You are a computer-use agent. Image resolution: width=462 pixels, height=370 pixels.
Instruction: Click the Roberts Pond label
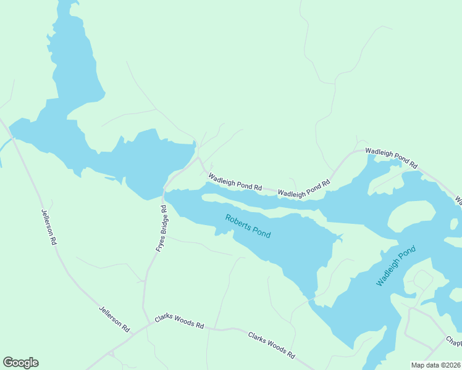click(x=248, y=226)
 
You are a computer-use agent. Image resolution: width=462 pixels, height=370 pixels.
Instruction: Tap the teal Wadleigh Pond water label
click(x=396, y=266)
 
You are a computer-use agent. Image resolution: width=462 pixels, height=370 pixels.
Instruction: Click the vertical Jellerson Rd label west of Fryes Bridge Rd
click(x=49, y=228)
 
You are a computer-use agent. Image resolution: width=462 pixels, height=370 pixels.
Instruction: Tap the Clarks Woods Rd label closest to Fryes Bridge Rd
click(x=179, y=321)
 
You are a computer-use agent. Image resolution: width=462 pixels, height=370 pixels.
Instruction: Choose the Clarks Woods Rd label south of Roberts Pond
click(x=271, y=345)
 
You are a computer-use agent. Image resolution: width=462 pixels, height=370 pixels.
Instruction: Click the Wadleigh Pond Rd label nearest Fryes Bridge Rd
click(x=235, y=182)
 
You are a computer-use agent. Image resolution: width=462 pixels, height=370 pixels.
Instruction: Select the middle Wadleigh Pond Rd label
click(x=304, y=189)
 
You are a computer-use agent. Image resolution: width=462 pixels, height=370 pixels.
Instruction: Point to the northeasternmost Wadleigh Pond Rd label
click(x=392, y=158)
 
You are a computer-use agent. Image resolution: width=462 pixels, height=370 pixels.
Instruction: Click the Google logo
click(x=20, y=363)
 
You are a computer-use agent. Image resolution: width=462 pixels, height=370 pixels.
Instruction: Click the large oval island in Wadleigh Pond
click(x=411, y=216)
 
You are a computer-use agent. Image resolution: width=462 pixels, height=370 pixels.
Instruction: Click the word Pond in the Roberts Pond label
click(x=261, y=233)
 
